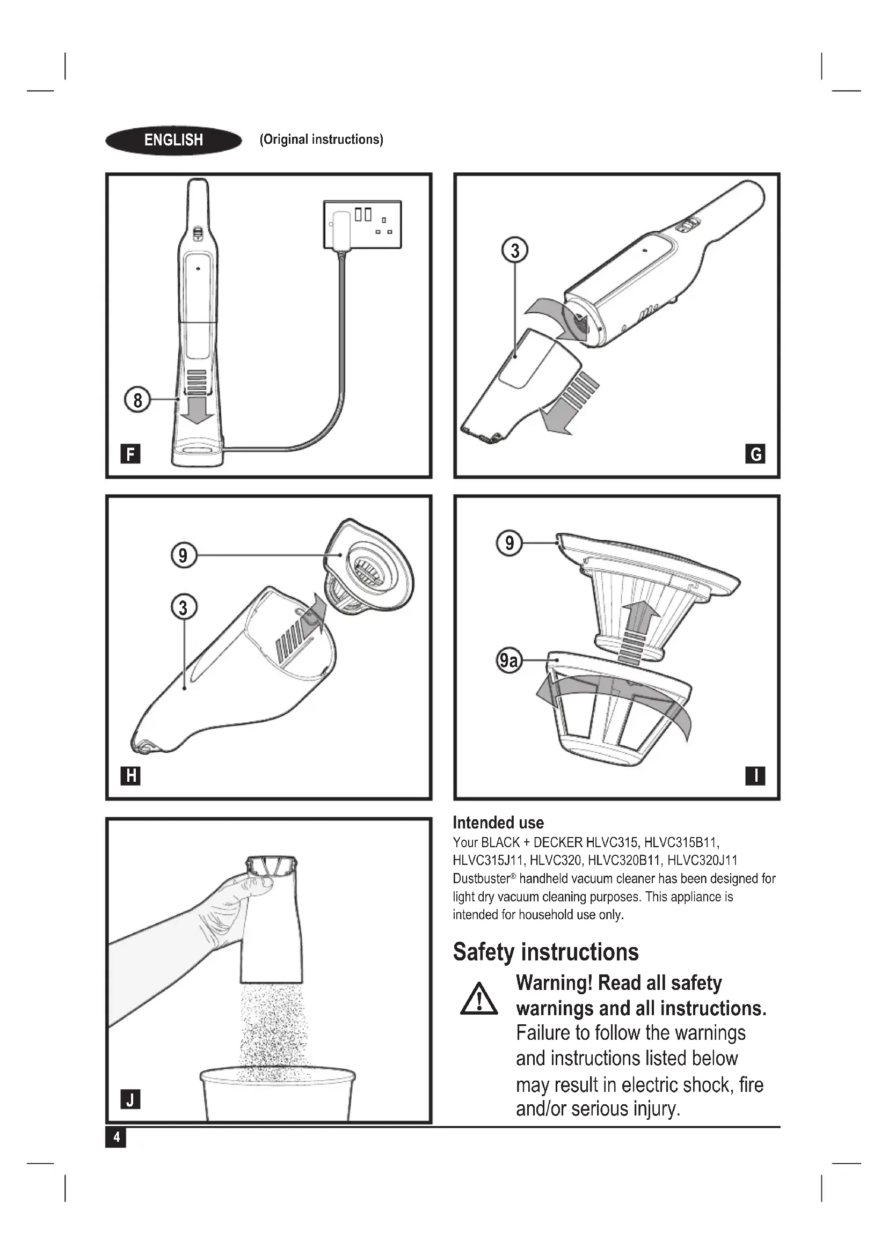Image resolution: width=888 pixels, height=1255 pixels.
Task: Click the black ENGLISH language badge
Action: (x=173, y=141)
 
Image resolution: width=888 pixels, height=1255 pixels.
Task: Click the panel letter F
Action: (x=130, y=454)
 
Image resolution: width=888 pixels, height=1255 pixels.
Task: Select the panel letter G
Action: (x=755, y=454)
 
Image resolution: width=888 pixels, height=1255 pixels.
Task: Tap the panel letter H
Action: (x=130, y=776)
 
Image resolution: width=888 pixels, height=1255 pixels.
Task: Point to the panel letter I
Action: (x=755, y=776)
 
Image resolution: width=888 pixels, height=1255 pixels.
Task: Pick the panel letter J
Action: (x=130, y=1099)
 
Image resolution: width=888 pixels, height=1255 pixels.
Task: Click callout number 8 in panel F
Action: (x=137, y=400)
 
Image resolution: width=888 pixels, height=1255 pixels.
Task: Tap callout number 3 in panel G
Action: (x=514, y=251)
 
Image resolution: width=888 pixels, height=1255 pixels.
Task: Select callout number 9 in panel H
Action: (x=183, y=555)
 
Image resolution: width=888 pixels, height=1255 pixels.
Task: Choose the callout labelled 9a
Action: (x=508, y=661)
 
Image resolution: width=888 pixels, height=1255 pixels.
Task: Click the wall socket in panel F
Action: (x=362, y=225)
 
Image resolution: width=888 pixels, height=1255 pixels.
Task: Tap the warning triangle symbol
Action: (x=479, y=999)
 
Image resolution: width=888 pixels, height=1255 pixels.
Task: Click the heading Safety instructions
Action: (x=545, y=952)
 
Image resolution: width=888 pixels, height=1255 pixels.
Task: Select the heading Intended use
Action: (x=498, y=823)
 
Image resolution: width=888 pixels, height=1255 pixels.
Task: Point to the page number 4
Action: (x=115, y=1137)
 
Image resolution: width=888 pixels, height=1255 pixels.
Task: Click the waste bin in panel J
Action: (x=277, y=1093)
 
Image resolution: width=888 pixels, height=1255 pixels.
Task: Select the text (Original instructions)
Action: (x=322, y=140)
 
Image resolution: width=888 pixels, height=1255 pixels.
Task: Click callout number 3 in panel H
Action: (x=183, y=607)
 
